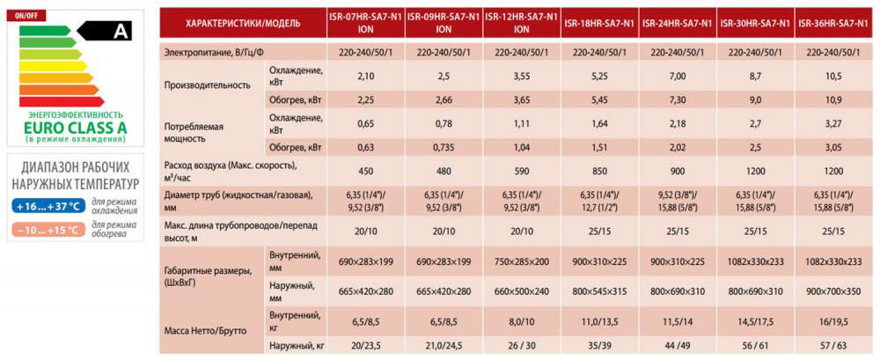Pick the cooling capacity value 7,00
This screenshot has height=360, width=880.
677,76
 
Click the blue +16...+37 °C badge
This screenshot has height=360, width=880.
48,207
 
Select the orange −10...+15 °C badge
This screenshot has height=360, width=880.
48,231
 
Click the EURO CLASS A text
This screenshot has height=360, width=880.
77,128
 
